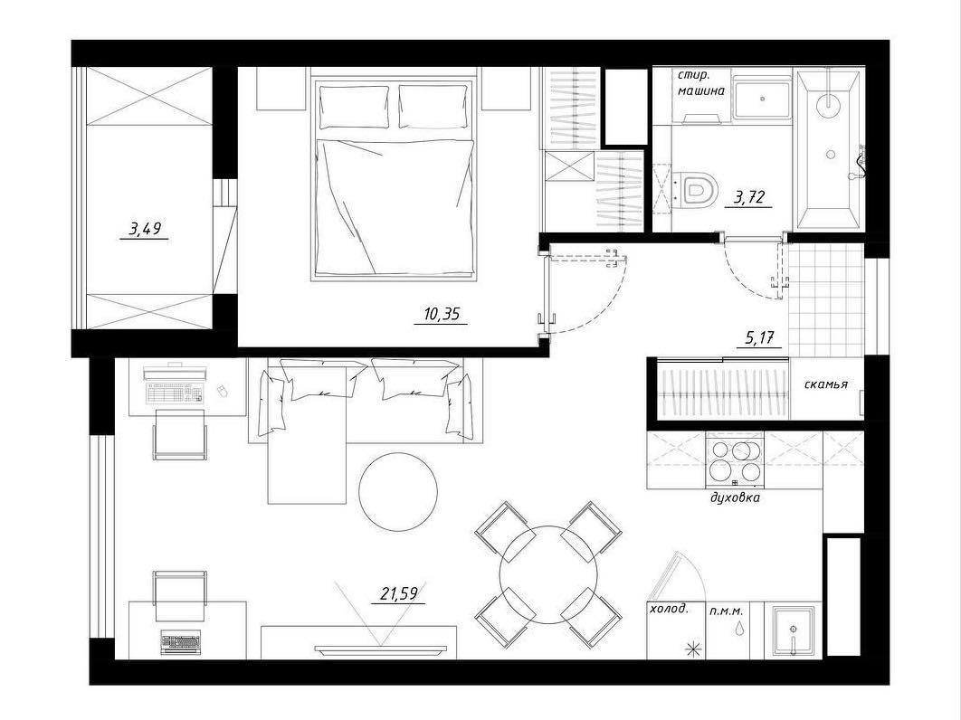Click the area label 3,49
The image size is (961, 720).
pos(145,230)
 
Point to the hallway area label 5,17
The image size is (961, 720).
pos(759,337)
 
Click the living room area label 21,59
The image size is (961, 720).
pos(399,593)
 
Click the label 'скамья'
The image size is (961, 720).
pos(825,384)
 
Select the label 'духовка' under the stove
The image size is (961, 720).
pos(735,497)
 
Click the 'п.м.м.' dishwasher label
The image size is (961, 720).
pos(727,611)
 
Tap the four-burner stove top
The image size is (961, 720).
pos(735,460)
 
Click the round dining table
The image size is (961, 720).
pos(548,574)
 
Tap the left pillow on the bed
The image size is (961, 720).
pos(354,107)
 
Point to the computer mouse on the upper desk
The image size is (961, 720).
pos(224,390)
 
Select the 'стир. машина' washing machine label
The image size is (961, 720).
pos(701,83)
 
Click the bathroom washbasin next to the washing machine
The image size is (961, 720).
pos(763,98)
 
